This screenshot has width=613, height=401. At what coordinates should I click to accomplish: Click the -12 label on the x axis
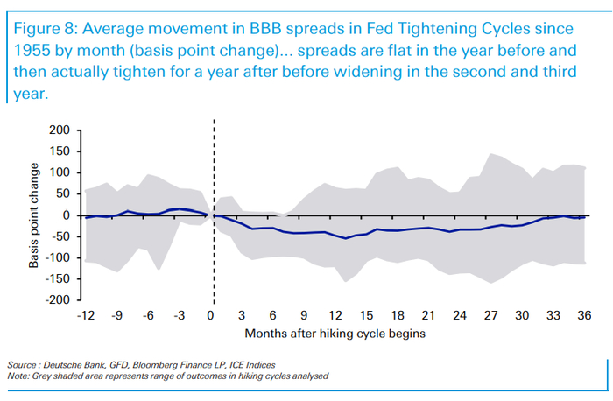coord(85,316)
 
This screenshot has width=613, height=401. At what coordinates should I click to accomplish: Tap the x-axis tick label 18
coord(398,316)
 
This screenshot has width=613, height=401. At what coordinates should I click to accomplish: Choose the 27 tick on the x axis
coord(491,316)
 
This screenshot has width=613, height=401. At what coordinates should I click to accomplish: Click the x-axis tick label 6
coord(273,316)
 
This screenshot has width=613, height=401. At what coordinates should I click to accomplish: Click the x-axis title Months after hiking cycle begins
coord(335,334)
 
